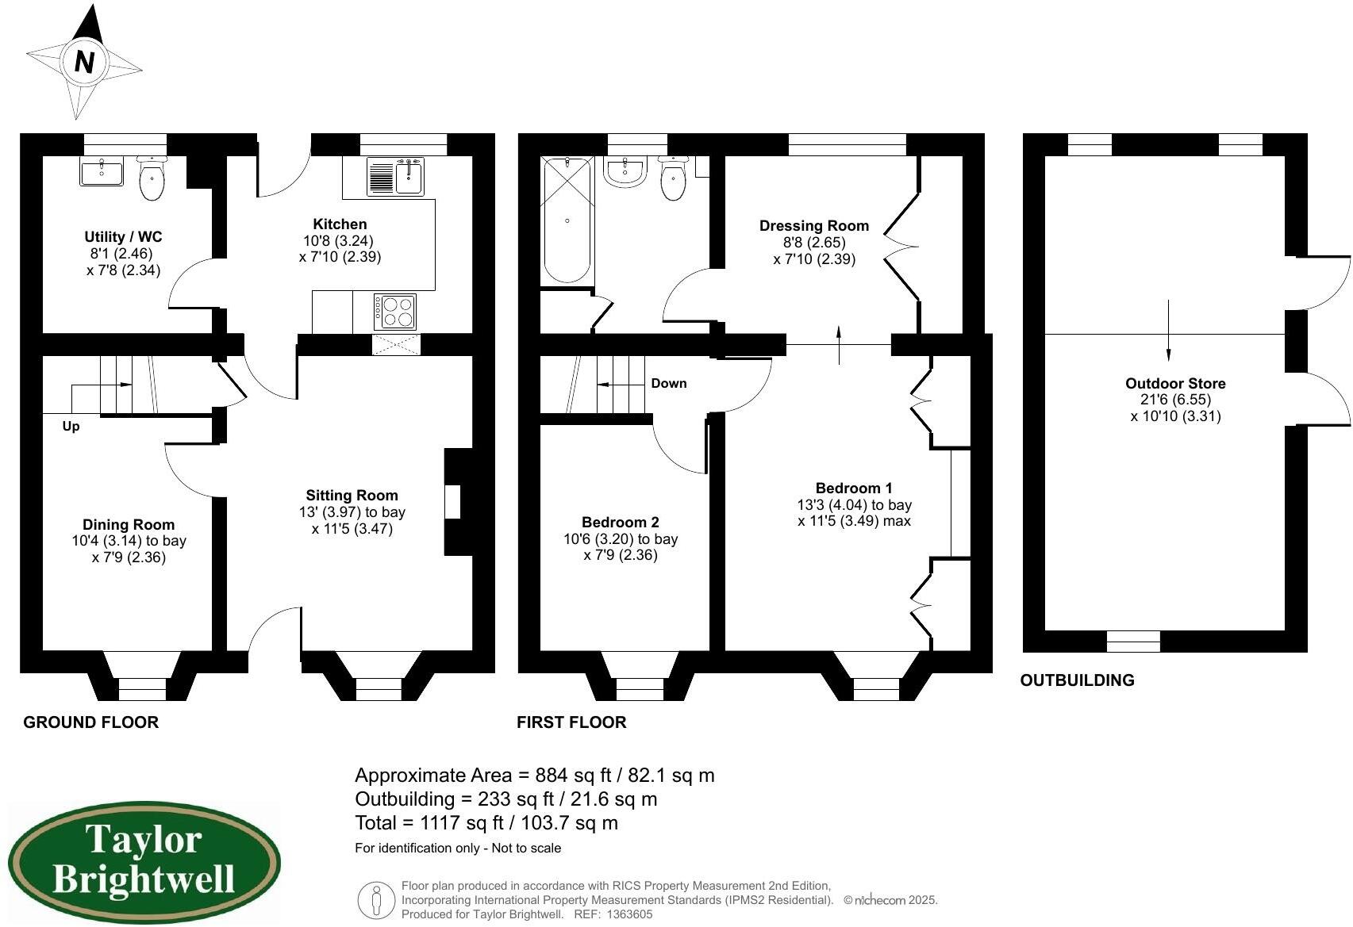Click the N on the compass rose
[x=84, y=61]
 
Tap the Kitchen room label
[x=340, y=224]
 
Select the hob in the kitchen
[x=395, y=312]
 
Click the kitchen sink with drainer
[x=395, y=176]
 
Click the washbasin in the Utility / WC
[x=102, y=171]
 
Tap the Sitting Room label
[x=352, y=496]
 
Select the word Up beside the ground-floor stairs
[x=71, y=427]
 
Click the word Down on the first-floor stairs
[x=668, y=384]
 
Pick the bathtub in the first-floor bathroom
[x=567, y=220]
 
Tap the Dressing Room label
[x=813, y=226]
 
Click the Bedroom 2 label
[x=620, y=523]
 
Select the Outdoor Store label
[x=1174, y=384]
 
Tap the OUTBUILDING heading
[x=1077, y=680]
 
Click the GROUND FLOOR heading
[x=90, y=722]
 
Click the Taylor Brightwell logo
[x=144, y=861]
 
